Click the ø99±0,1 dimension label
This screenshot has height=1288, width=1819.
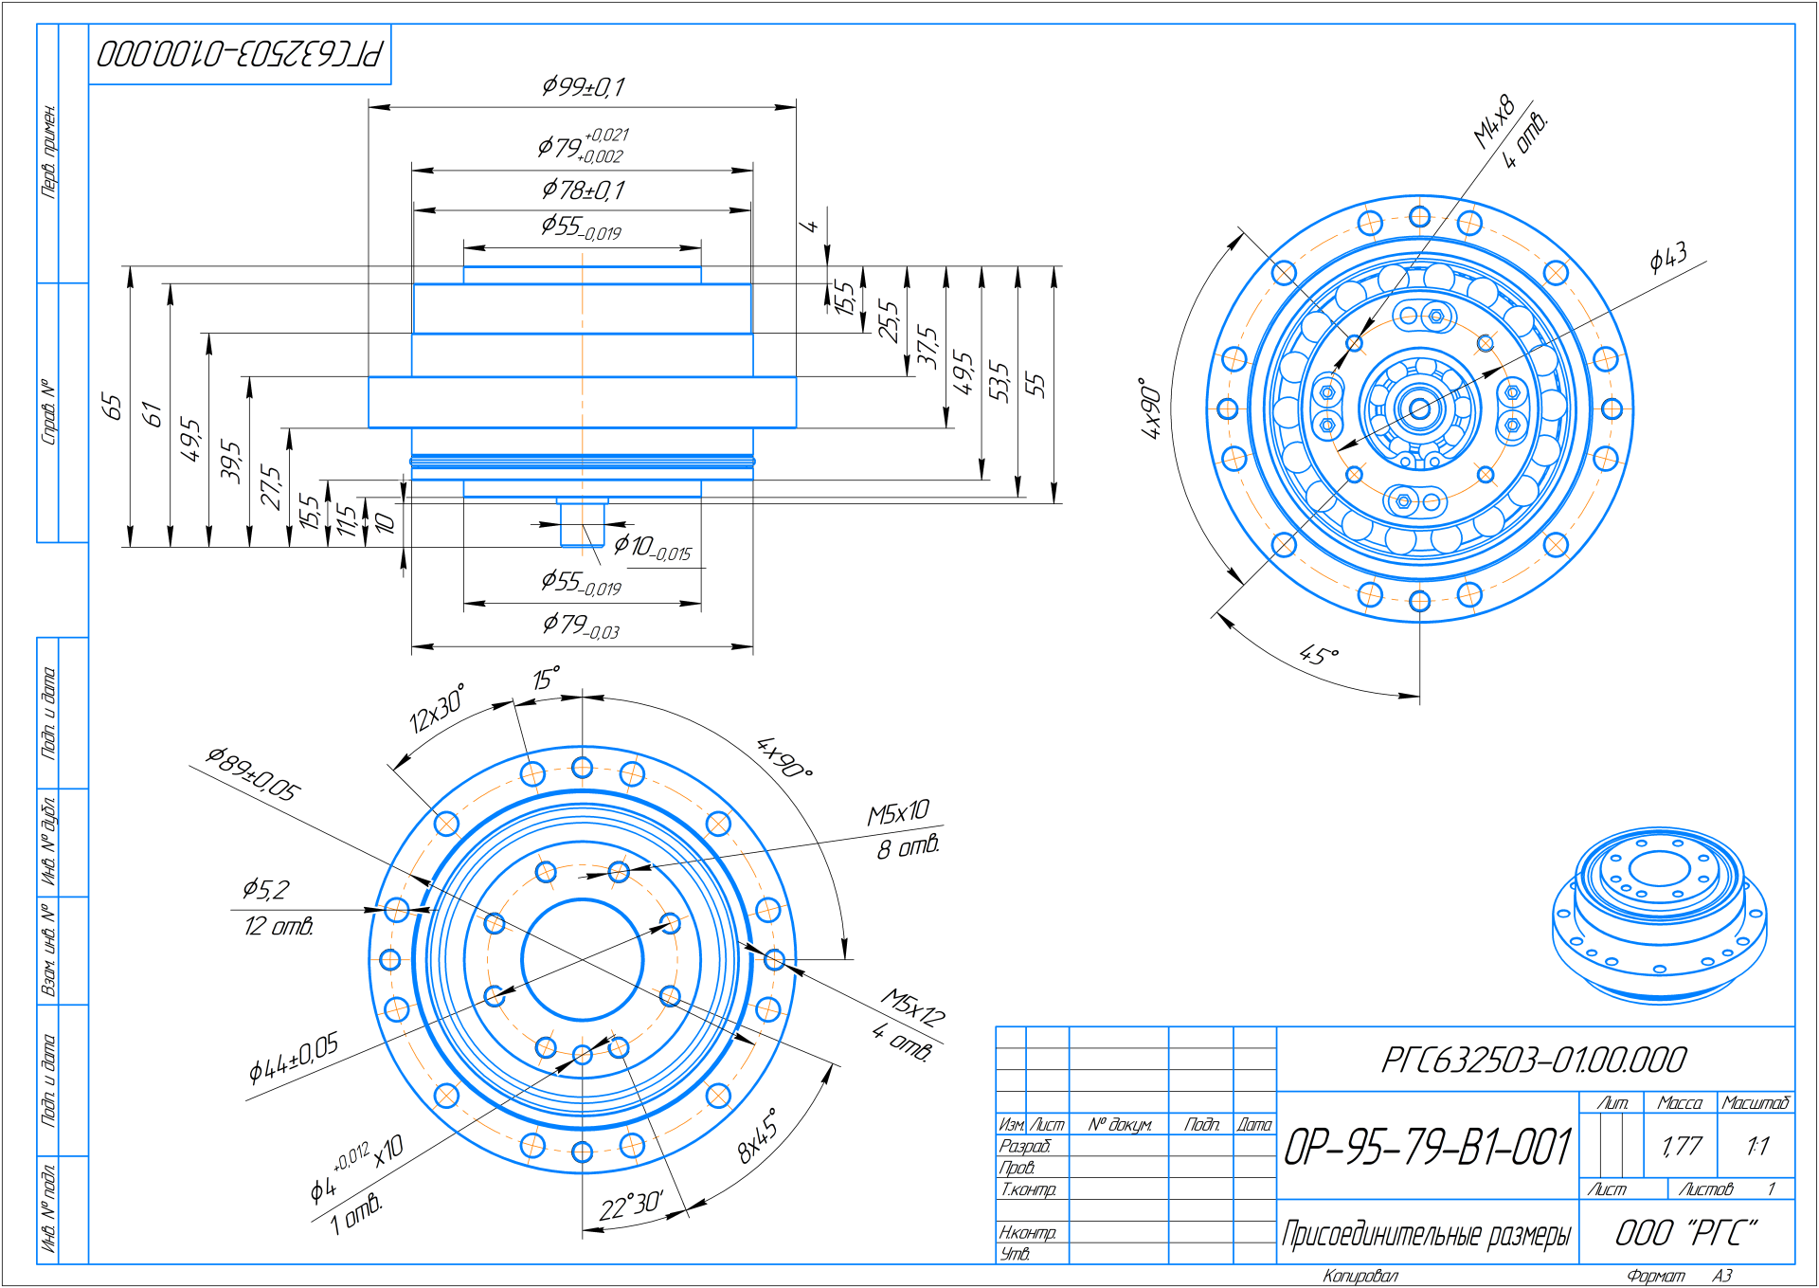583,87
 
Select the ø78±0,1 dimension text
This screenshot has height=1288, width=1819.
583,190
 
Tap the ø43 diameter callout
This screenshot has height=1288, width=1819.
1667,257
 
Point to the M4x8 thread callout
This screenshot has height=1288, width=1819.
1494,122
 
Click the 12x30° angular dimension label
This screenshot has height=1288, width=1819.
437,709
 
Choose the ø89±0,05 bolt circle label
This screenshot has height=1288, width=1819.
253,773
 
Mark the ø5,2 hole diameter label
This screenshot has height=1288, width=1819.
265,889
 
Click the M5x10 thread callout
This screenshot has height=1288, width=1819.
898,813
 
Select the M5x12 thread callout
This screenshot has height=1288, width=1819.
912,1007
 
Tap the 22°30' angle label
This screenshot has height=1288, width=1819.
630,1206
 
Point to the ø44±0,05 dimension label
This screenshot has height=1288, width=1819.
293,1059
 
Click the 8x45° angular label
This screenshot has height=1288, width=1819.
758,1135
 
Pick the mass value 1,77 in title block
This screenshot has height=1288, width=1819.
1681,1147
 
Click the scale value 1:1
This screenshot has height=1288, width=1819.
1757,1147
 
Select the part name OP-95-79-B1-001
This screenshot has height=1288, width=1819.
1428,1147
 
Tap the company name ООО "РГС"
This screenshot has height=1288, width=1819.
1686,1233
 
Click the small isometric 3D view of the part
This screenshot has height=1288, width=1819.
1659,915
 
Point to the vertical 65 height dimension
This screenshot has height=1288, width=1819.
112,407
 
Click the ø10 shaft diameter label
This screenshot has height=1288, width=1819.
653,547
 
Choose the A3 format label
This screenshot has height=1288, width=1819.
1722,1276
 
